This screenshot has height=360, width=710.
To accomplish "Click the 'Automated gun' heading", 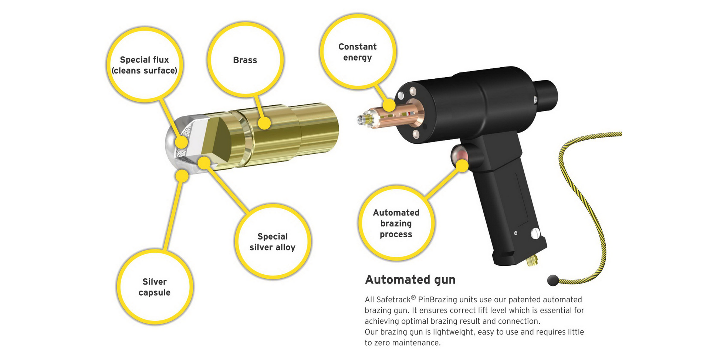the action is point(410,280).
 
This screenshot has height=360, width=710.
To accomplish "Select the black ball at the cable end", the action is point(553,281).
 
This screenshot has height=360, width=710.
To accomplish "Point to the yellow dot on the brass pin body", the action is point(264,123).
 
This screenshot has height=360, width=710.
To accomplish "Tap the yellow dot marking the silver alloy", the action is point(204,163).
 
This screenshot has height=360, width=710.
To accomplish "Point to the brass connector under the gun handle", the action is point(532,261).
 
